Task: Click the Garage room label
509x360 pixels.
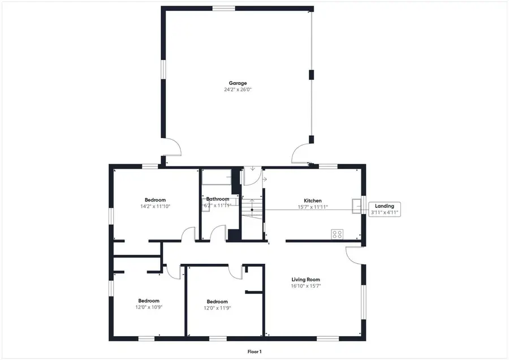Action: [x=238, y=83]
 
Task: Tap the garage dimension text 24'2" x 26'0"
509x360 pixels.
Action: [x=238, y=90]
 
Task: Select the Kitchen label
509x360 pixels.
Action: [x=313, y=201]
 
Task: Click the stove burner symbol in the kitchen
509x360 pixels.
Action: [x=337, y=233]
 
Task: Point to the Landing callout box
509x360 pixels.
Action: [x=385, y=209]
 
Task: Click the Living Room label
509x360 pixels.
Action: [x=306, y=280]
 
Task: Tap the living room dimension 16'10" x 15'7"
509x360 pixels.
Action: [x=306, y=286]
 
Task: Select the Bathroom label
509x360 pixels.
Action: [x=218, y=199]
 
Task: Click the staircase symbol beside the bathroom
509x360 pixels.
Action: [x=252, y=213]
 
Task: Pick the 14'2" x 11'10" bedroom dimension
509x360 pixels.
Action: [x=155, y=207]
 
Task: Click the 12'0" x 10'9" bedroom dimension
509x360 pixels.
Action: [x=149, y=307]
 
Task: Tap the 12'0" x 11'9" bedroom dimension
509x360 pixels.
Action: [x=217, y=308]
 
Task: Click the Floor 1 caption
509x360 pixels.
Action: [x=255, y=352]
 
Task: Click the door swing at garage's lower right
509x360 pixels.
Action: [x=301, y=153]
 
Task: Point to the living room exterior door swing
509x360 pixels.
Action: [x=355, y=255]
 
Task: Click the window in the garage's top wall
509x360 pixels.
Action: [x=223, y=8]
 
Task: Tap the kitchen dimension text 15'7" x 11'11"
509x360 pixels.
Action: [x=313, y=208]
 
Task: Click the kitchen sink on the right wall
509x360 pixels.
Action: [x=356, y=206]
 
